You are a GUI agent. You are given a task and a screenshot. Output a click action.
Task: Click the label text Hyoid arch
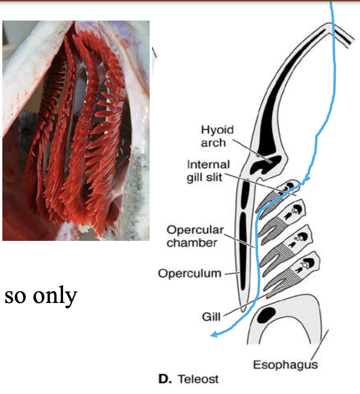217,136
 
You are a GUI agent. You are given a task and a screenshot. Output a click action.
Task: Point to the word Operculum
189,273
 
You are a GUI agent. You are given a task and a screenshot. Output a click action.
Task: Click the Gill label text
211,317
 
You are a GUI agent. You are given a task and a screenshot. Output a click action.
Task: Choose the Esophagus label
285,365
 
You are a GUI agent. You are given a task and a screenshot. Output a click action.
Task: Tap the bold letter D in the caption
164,379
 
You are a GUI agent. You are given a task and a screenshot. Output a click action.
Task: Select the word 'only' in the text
56,296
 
